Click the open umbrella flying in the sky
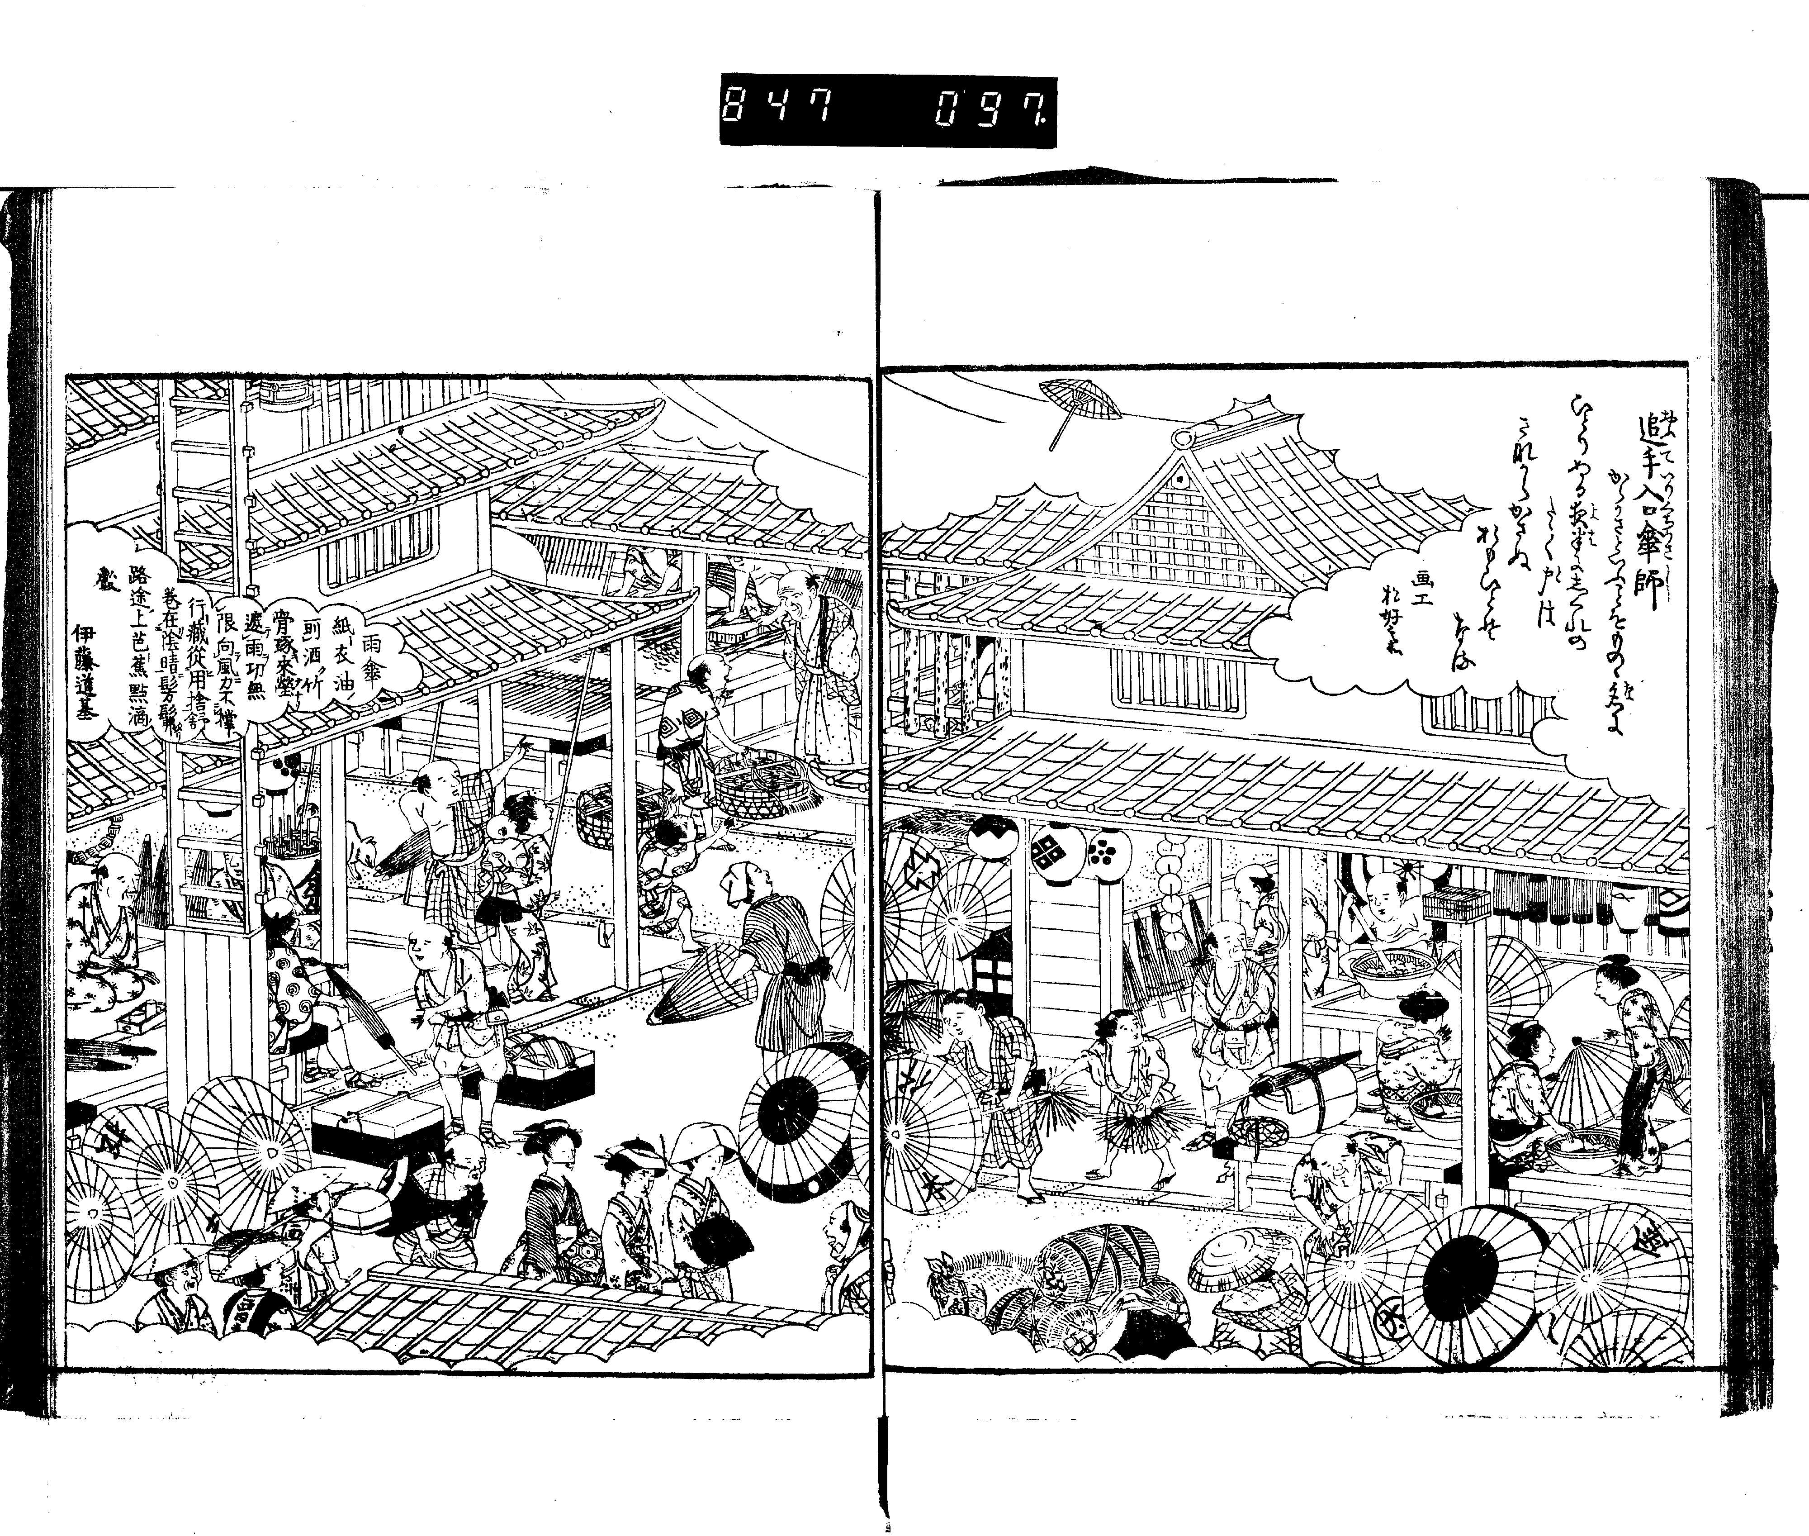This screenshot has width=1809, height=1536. pyautogui.click(x=1080, y=405)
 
